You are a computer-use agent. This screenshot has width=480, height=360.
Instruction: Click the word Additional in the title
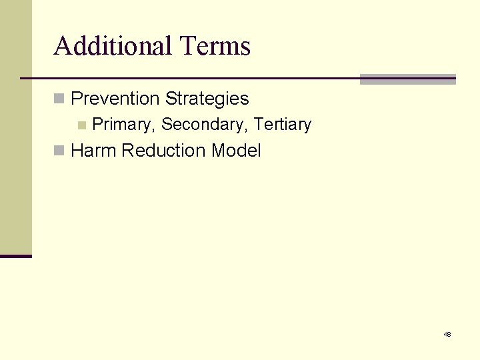[x=113, y=46]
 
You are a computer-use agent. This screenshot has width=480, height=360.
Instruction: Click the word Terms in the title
[x=215, y=46]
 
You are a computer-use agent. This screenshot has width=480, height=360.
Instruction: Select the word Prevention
[x=115, y=99]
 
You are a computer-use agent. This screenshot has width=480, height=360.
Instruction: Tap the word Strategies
[x=207, y=99]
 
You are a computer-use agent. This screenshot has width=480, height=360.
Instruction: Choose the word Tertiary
[x=283, y=125]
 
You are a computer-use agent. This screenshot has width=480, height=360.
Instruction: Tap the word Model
[x=236, y=151]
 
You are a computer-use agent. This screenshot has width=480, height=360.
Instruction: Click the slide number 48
[x=447, y=334]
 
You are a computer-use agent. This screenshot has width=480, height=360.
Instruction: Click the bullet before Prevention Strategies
[x=59, y=99]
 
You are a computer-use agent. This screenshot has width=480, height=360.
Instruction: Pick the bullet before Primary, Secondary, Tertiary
[x=81, y=125]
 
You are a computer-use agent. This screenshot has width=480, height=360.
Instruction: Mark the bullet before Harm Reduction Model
[x=59, y=151]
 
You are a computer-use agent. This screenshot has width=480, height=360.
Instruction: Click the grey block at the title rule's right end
[x=407, y=79]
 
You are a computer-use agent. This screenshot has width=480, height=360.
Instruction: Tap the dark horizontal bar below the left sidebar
[x=16, y=256]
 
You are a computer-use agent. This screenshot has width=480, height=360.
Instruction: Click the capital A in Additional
[x=63, y=46]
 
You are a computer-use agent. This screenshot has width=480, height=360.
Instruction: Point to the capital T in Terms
[x=187, y=46]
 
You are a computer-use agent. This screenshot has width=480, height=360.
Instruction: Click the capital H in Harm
[x=77, y=151]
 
